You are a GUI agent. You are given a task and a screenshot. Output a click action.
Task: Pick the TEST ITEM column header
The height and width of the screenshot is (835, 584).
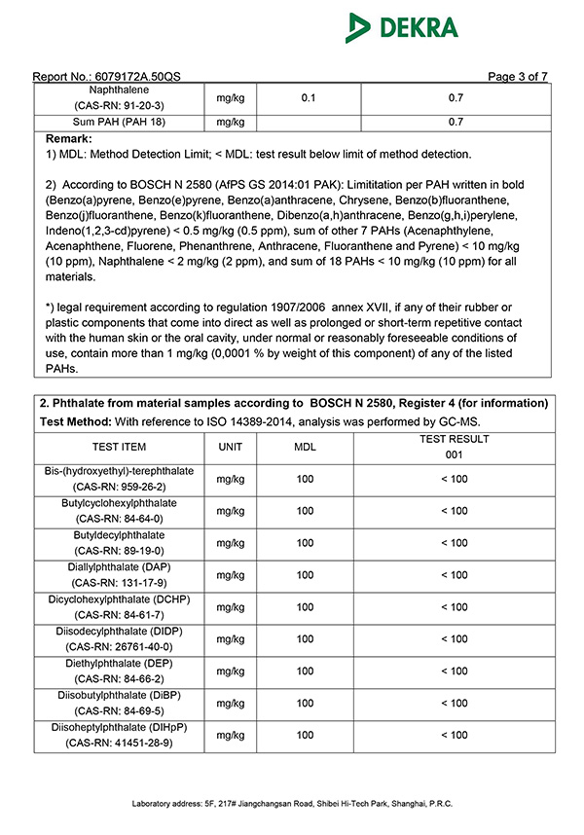pyautogui.click(x=119, y=446)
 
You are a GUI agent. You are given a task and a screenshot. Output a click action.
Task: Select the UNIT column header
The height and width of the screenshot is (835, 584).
pyautogui.click(x=231, y=446)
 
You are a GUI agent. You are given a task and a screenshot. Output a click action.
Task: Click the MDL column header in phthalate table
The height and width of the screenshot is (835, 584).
pyautogui.click(x=306, y=446)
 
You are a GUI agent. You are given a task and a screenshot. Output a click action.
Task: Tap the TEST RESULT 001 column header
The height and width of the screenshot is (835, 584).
pyautogui.click(x=454, y=446)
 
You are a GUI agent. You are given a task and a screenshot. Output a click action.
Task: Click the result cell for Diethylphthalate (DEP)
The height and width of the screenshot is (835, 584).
pyautogui.click(x=454, y=671)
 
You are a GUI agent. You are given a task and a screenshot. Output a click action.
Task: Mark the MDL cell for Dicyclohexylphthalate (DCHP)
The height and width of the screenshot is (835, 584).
pyautogui.click(x=306, y=606)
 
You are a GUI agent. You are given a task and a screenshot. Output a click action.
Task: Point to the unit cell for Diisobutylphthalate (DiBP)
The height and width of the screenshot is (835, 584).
pyautogui.click(x=231, y=703)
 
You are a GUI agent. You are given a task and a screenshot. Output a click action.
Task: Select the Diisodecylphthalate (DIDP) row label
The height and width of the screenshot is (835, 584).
pyautogui.click(x=119, y=638)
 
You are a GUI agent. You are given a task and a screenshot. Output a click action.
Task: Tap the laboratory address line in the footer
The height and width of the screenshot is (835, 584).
pyautogui.click(x=292, y=804)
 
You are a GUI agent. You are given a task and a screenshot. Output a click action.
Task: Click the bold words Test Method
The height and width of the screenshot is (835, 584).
pyautogui.click(x=74, y=421)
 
